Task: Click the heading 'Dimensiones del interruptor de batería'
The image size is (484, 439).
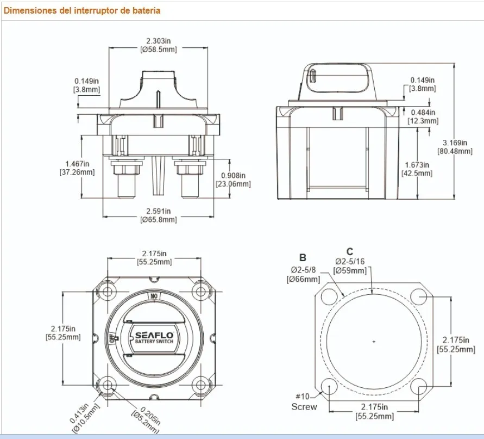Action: [82, 10]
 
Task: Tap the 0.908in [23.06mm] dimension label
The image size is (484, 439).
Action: [234, 180]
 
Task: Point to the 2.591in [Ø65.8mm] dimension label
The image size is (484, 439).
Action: [158, 215]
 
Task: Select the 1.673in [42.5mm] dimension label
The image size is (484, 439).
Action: [417, 169]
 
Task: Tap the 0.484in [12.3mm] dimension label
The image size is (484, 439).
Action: [423, 116]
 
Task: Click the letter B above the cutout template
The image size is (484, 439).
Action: [303, 257]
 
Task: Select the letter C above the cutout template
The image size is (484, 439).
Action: [350, 251]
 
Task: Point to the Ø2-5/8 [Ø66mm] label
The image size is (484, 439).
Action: [303, 274]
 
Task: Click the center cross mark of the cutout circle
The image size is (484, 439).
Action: [374, 342]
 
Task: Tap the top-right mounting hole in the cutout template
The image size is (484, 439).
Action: [419, 296]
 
